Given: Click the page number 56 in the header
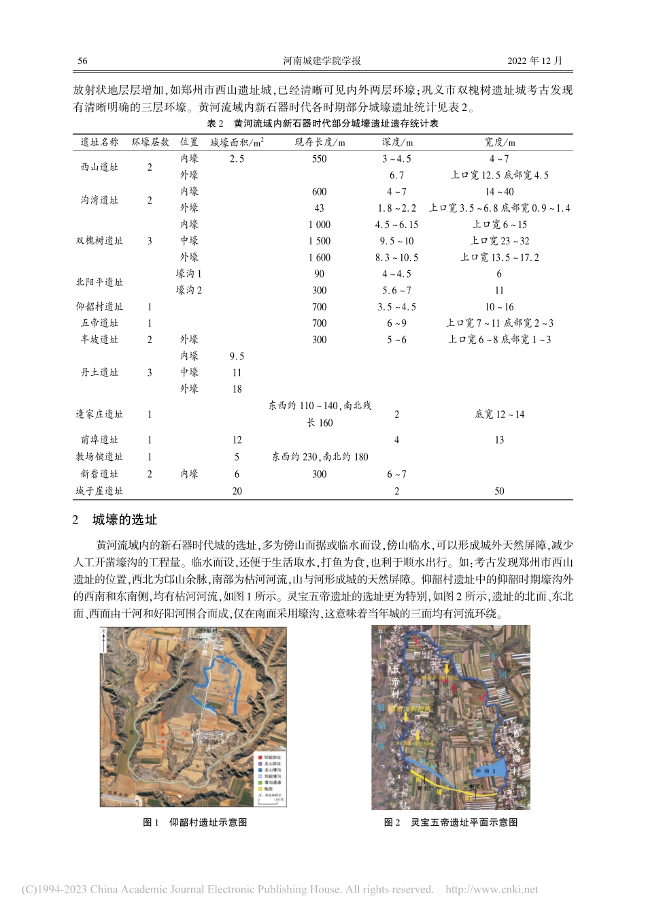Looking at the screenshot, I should [x=82, y=61].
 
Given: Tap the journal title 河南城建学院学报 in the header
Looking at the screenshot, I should [x=322, y=61].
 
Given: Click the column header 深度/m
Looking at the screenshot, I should [x=396, y=142].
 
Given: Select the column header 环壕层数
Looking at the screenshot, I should [x=150, y=142].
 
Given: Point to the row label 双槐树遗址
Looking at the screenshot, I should [x=100, y=241].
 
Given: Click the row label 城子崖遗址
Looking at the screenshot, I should [x=100, y=491].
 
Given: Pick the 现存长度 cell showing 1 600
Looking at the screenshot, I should [x=319, y=257].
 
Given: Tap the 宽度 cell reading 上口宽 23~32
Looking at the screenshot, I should [x=499, y=241].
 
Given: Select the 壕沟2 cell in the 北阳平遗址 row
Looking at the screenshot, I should [x=189, y=290].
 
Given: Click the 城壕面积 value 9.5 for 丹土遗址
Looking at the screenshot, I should [x=237, y=356].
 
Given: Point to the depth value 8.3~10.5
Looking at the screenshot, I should [x=396, y=257].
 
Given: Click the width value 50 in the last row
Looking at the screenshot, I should [x=499, y=491].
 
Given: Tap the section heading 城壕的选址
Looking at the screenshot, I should [x=124, y=520].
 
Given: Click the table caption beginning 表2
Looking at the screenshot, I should [x=322, y=124].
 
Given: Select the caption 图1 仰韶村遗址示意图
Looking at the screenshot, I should [x=195, y=822].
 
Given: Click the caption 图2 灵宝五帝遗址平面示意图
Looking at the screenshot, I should [x=451, y=822].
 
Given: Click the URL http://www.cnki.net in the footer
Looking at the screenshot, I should [x=491, y=889].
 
